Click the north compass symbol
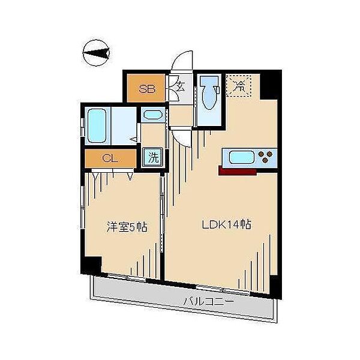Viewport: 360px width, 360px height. click(x=96, y=53)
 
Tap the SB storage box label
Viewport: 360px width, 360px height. click(x=147, y=89)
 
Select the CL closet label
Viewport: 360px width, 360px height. click(x=110, y=158)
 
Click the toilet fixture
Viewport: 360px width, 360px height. click(x=209, y=92)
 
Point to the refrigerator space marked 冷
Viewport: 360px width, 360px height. click(x=239, y=86)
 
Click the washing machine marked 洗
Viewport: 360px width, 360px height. click(x=153, y=157)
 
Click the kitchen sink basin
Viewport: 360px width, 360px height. click(x=242, y=157)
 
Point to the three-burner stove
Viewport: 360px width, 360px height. click(x=266, y=157)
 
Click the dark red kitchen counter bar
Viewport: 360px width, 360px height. click(x=238, y=171)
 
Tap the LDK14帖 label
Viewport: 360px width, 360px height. click(x=226, y=224)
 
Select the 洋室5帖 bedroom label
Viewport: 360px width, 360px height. click(x=127, y=227)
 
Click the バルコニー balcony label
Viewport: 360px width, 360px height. click(x=208, y=301)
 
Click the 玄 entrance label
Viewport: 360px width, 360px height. click(x=180, y=87)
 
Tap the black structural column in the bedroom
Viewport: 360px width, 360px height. click(x=91, y=265)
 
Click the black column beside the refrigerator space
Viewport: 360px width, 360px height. click(x=269, y=85)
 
